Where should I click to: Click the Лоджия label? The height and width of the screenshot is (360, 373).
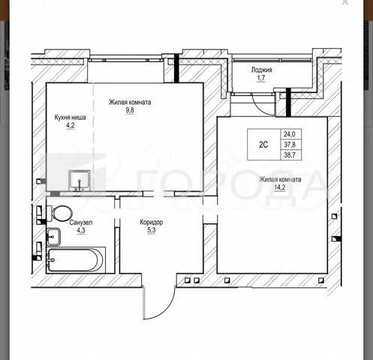click(261, 70)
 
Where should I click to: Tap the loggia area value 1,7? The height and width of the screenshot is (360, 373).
click(261, 78)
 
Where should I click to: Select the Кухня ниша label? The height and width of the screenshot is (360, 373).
click(70, 117)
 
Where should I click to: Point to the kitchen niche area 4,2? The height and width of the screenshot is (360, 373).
click(71, 125)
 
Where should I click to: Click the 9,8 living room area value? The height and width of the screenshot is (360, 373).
click(130, 110)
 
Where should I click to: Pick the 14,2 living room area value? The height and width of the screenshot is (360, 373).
click(280, 187)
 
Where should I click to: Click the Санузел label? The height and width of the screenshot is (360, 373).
click(81, 222)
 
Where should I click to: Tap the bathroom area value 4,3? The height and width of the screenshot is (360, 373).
click(81, 230)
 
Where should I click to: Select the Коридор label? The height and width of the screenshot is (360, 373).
click(152, 222)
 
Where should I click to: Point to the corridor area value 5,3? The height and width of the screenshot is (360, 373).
click(152, 230)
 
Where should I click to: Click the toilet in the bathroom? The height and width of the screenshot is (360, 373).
click(59, 214)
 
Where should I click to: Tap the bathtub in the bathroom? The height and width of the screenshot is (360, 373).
click(76, 260)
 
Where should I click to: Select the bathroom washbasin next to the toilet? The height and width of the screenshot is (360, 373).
click(53, 236)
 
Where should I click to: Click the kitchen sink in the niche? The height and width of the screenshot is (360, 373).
click(80, 181)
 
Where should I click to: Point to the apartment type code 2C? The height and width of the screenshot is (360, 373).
click(263, 145)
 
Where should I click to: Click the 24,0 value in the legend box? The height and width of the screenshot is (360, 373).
click(290, 134)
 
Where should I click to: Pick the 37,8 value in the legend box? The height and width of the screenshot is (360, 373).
click(290, 144)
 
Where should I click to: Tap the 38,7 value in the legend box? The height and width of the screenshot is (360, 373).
click(290, 154)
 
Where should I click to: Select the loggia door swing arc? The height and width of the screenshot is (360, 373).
click(259, 108)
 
